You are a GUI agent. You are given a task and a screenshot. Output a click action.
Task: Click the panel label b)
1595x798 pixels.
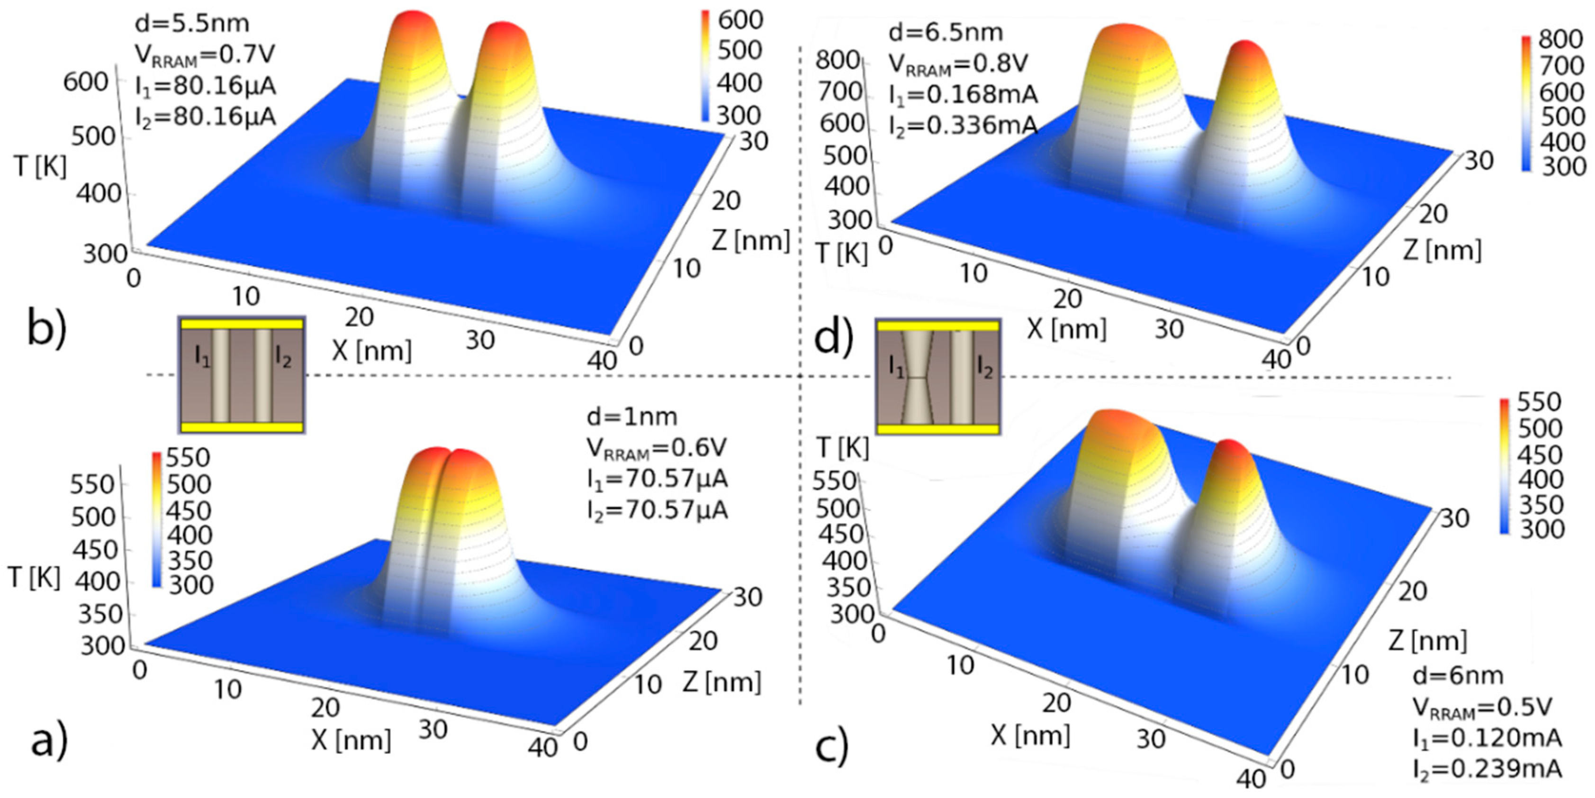(46, 330)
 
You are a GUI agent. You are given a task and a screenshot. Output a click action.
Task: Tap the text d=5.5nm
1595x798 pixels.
(192, 24)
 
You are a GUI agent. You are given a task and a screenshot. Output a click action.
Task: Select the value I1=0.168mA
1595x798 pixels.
(963, 95)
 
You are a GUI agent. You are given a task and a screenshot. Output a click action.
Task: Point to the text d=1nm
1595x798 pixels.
(631, 417)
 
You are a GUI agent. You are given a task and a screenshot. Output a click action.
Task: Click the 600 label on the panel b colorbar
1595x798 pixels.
(740, 20)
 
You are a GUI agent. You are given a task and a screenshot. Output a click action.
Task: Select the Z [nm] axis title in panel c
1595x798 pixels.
(1427, 641)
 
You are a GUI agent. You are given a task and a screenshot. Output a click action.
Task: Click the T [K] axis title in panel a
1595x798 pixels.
(35, 578)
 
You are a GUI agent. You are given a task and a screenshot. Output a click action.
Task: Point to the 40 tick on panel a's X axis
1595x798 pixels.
(542, 748)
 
